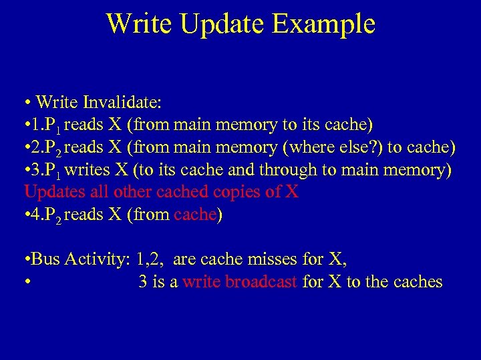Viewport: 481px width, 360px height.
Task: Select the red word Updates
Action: [x=50, y=192]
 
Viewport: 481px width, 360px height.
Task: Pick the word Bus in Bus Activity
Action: [x=45, y=259]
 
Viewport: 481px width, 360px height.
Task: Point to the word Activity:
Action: [x=97, y=259]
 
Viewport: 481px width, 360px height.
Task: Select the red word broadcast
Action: [x=261, y=282]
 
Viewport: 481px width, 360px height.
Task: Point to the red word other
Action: [x=133, y=192]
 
